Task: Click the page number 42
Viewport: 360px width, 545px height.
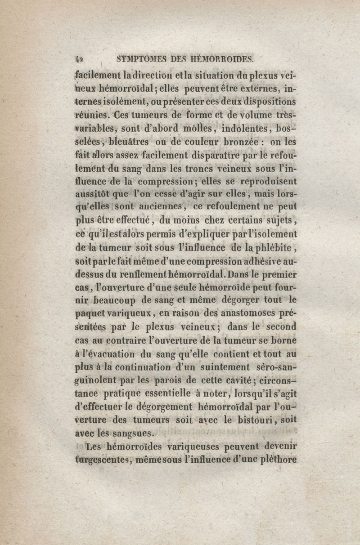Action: click(x=80, y=58)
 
